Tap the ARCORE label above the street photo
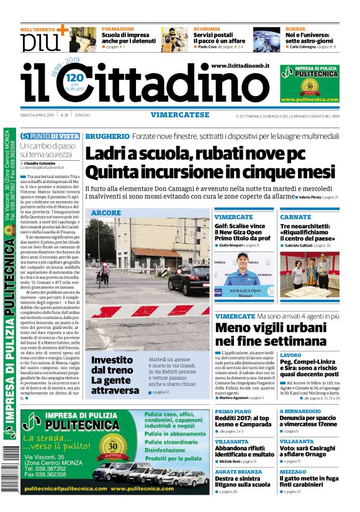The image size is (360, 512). (106, 213)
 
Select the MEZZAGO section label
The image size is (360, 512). (292, 471)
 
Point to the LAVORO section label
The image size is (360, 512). (290, 356)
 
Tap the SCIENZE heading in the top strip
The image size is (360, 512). (295, 29)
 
